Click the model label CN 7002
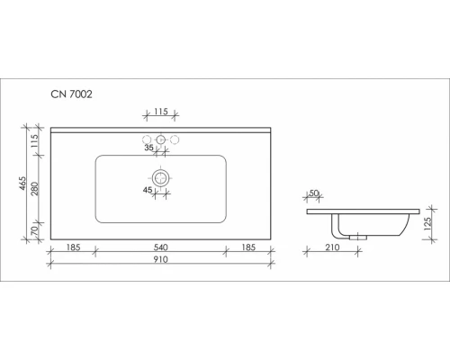(x=71, y=94)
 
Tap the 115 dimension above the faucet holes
(x=161, y=112)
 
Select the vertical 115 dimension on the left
(x=35, y=140)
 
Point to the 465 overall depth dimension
(x=22, y=184)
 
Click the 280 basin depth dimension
(x=35, y=188)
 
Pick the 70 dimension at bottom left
(x=35, y=230)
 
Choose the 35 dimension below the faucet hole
(x=148, y=148)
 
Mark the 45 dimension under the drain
(x=148, y=190)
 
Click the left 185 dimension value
(x=73, y=247)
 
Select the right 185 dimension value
(x=248, y=247)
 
